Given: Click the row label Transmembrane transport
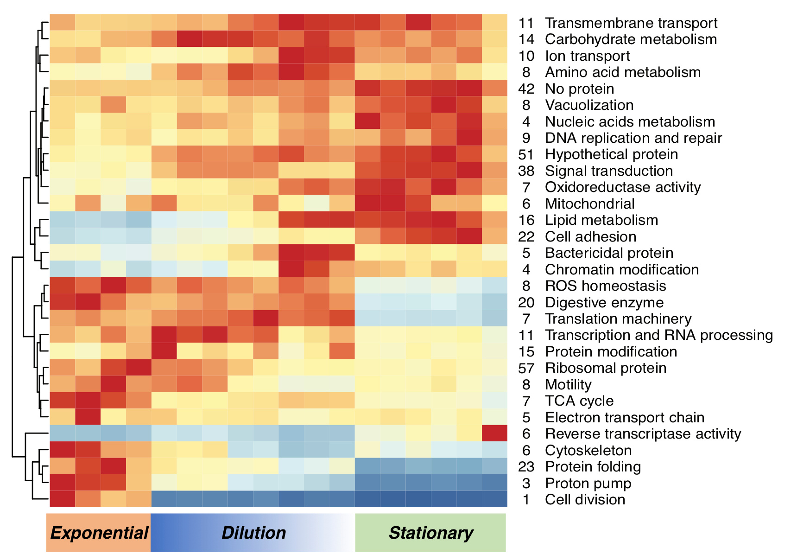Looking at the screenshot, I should click(631, 23).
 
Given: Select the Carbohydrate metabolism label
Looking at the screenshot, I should click(631, 39).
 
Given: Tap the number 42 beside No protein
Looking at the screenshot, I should click(526, 89).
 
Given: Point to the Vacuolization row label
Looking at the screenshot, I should click(589, 105).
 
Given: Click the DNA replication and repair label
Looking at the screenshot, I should click(633, 138).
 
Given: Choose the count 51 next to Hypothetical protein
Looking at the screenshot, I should click(526, 154).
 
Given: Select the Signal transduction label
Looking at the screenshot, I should click(609, 171).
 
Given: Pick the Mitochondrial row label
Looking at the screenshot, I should click(590, 204).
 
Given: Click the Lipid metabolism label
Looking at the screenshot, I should click(601, 220).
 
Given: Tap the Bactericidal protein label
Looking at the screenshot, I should click(609, 253).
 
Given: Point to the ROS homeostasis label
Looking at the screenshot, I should click(606, 286).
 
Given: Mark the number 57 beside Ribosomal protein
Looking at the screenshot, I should click(526, 368).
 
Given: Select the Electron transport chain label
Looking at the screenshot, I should click(625, 418).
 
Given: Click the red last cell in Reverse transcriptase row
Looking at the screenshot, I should click(494, 433).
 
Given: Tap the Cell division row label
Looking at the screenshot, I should click(585, 500).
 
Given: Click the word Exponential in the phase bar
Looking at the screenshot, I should click(99, 533).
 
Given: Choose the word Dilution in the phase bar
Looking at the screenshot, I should click(253, 533).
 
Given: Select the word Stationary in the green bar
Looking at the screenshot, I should click(431, 533).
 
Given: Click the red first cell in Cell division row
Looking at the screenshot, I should click(63, 499).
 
